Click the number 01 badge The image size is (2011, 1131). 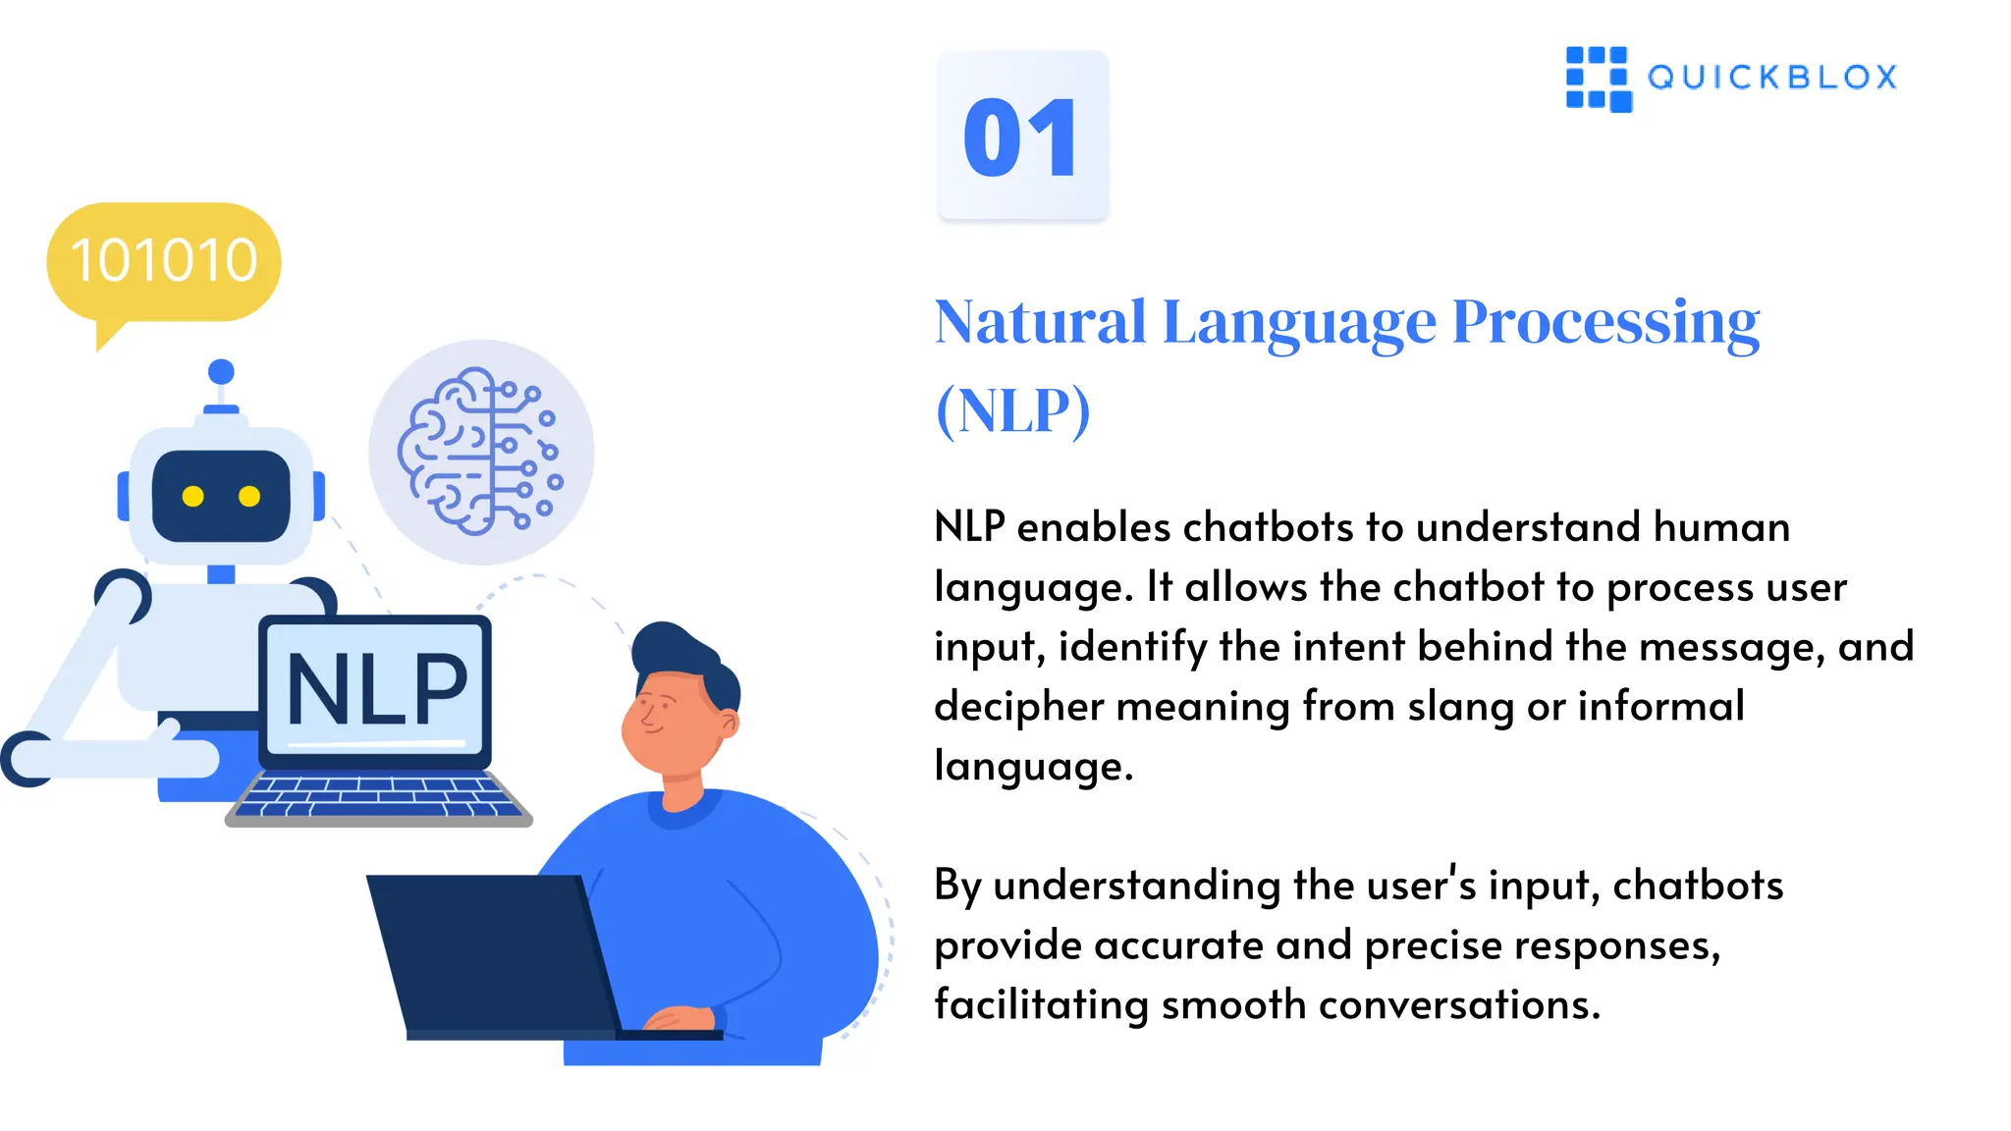[1022, 135]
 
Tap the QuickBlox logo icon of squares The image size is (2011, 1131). [1599, 79]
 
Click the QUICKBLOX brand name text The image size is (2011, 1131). [1772, 78]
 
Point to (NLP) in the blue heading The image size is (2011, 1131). [1012, 410]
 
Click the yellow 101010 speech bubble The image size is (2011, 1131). [164, 261]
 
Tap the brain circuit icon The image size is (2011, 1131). [480, 452]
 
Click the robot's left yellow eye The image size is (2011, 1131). [193, 497]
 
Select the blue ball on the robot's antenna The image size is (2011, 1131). [222, 372]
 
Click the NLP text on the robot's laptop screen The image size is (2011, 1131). [377, 690]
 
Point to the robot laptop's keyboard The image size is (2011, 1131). [378, 795]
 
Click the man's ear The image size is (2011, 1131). [729, 724]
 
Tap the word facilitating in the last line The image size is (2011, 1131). [1041, 1005]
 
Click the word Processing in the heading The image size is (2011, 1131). [1605, 322]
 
